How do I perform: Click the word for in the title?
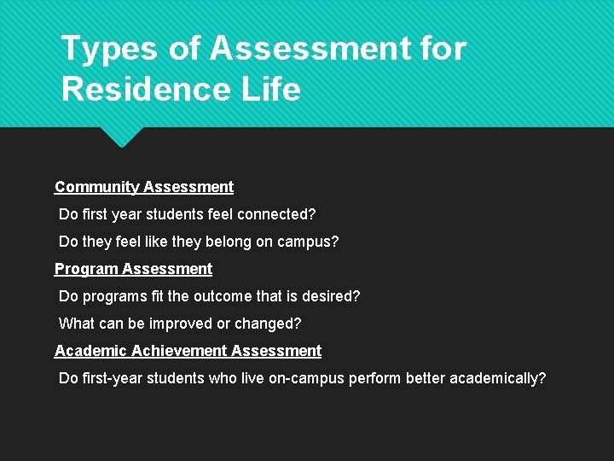[443, 50]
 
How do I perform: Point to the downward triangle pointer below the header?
[120, 136]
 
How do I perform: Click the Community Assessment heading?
[144, 187]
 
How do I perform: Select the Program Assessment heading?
[133, 269]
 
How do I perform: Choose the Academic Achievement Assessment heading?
[188, 351]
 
